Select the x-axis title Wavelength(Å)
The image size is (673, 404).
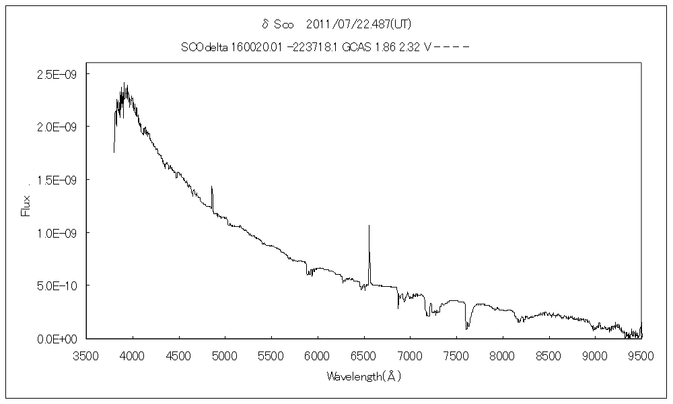pyautogui.click(x=363, y=376)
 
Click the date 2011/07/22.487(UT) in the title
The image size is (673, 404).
pyautogui.click(x=358, y=24)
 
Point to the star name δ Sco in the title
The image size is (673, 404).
pyautogui.click(x=278, y=24)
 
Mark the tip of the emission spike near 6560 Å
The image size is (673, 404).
pyautogui.click(x=369, y=226)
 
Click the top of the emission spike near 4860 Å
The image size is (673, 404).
pyautogui.click(x=212, y=187)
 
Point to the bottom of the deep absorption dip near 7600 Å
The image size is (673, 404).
pyautogui.click(x=466, y=329)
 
